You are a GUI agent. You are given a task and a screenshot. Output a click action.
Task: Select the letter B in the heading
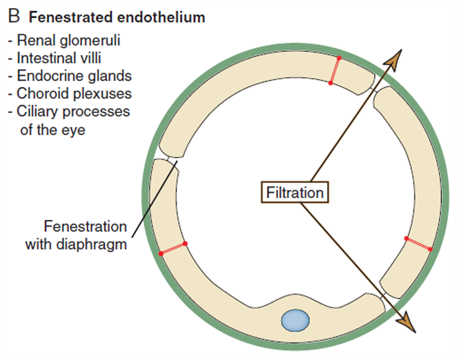click(14, 18)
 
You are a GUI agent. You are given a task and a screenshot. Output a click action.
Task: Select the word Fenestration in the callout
click(85, 227)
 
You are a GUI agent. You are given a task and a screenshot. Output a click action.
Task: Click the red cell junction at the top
click(335, 71)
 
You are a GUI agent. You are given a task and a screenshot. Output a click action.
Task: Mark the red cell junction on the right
click(418, 244)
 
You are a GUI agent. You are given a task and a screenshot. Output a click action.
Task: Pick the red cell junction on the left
click(173, 248)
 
